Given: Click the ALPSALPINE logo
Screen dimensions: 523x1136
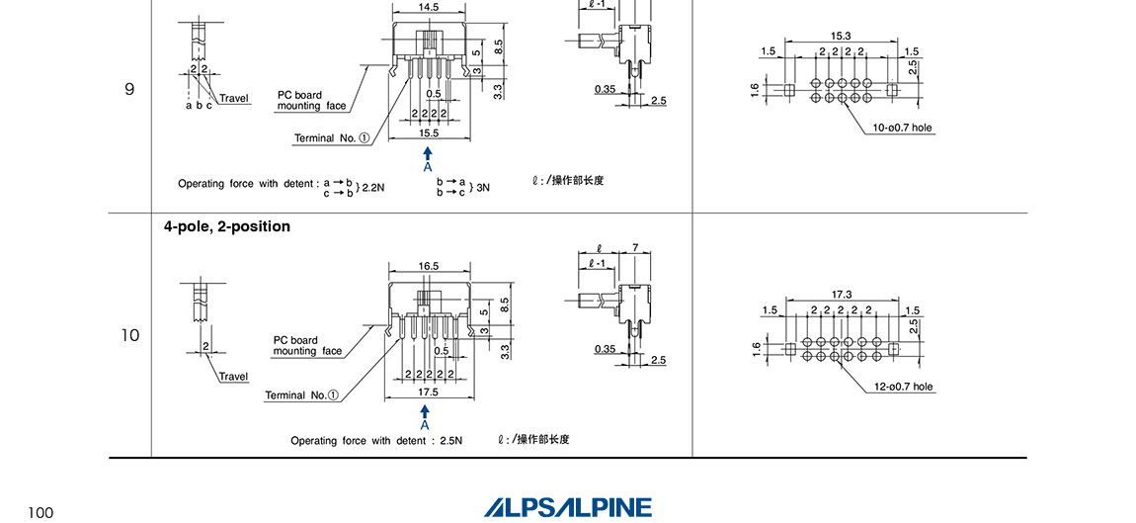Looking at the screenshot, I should coord(568,507).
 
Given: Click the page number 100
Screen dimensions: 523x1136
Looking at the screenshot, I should coord(41,512).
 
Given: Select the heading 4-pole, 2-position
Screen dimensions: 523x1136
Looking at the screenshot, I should coord(227,226).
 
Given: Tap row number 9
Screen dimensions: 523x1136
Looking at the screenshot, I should coord(129,89).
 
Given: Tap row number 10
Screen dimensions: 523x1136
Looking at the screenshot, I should coord(130,335).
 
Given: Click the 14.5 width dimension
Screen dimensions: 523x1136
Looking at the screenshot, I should coord(429,7).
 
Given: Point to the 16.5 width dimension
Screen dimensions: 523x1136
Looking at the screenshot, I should coord(428,266).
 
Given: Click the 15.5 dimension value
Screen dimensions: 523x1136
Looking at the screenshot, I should coord(428,132).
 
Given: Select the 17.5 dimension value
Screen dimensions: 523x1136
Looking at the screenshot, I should coord(427,392).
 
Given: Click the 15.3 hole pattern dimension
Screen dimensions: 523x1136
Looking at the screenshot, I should coord(841,36).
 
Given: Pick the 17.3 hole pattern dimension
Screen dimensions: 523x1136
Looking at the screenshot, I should coord(841,295).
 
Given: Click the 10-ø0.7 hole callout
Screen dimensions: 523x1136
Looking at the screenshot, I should coord(902,128).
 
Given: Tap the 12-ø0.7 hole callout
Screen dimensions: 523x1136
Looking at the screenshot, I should coord(902,387).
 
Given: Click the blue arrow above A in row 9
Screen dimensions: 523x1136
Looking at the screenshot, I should coord(428,153).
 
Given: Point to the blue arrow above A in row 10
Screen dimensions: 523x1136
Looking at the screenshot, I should coord(426,410).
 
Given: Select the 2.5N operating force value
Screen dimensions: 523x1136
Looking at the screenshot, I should coord(449,440).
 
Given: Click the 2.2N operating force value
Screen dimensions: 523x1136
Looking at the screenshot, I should coord(372,185).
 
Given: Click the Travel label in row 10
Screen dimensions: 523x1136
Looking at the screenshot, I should coord(233,377).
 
